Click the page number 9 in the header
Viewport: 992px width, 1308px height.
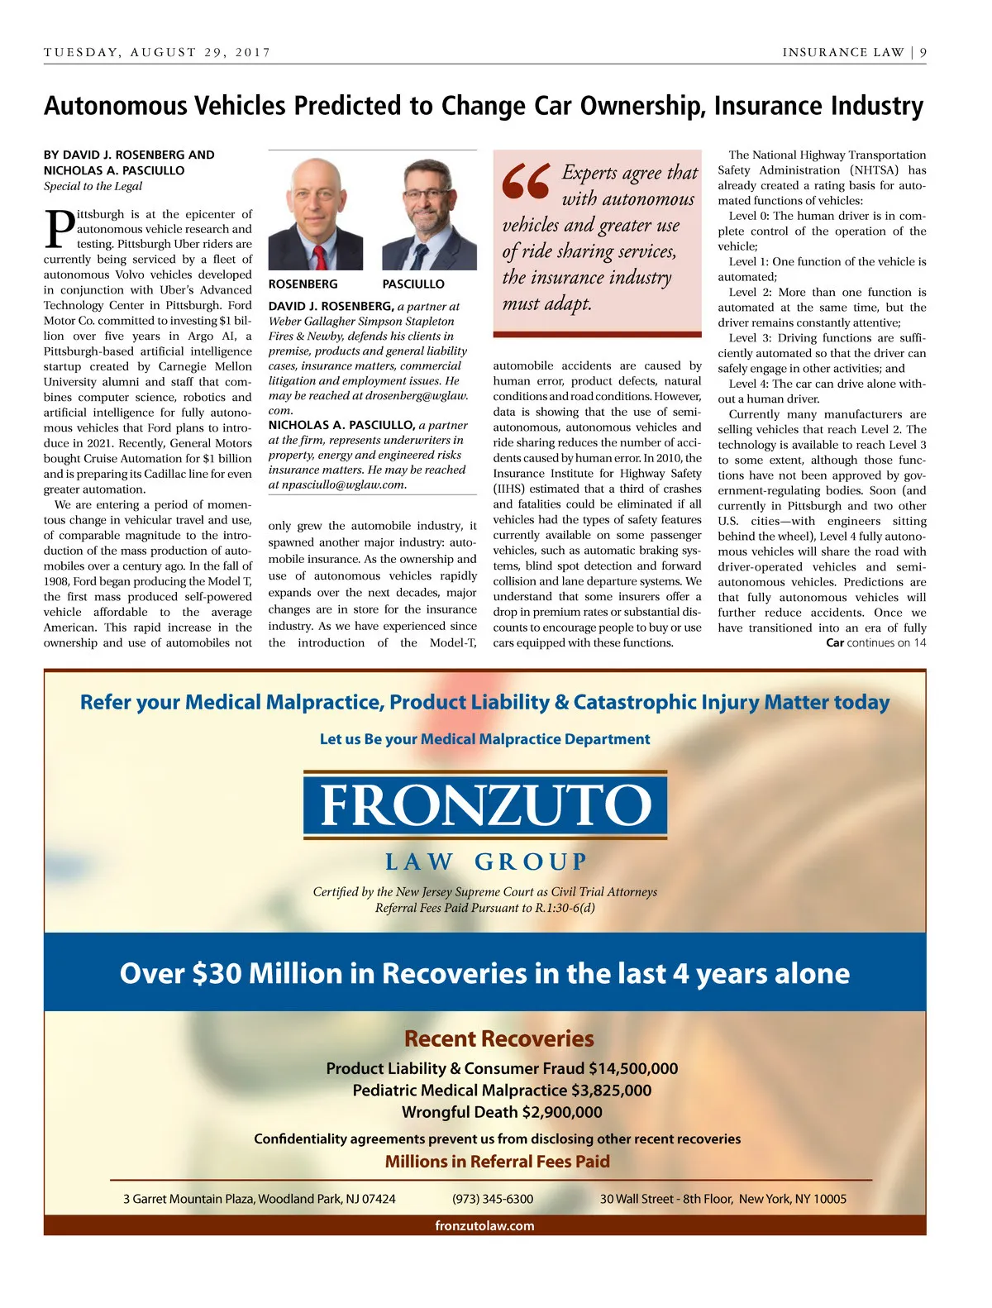923,52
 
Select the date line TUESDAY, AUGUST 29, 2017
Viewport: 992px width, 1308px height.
157,52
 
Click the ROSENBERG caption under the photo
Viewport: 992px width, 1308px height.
303,284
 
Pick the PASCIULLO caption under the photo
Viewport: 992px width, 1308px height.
413,284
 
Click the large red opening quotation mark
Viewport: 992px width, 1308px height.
526,182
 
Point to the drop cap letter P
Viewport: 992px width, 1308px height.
59,229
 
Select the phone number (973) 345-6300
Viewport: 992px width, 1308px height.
493,1199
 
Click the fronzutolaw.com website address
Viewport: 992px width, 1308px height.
484,1225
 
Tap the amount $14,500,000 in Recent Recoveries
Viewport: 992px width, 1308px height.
633,1068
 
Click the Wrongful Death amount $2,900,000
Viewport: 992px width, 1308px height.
562,1112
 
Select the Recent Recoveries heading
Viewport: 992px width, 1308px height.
499,1038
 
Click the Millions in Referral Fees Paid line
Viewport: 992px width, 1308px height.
498,1162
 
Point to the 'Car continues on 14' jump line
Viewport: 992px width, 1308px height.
875,642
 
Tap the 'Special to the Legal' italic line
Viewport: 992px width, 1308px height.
93,186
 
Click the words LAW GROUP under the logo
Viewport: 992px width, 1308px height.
485,862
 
